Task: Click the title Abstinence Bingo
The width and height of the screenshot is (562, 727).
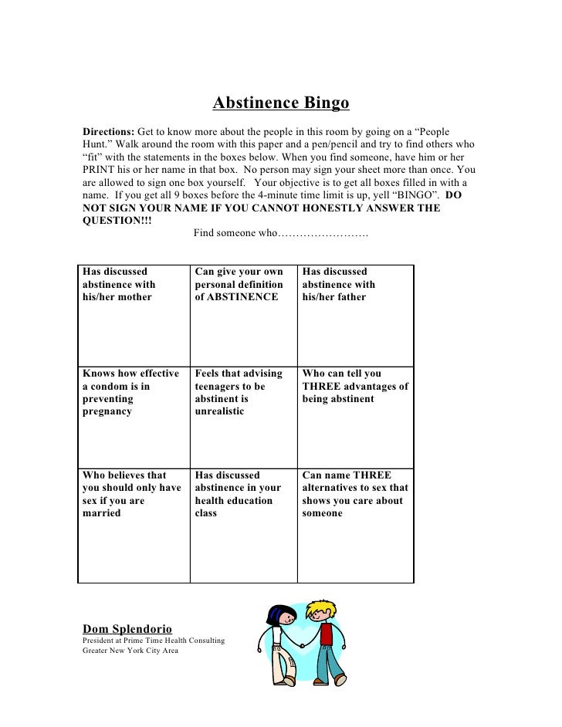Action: tap(281, 103)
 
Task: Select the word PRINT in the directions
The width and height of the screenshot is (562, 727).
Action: tap(97, 170)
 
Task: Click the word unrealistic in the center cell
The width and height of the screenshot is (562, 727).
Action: tap(219, 412)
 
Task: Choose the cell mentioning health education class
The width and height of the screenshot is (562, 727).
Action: tap(242, 525)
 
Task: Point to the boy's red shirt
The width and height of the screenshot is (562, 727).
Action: tap(326, 634)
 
